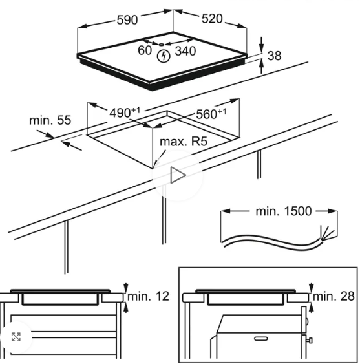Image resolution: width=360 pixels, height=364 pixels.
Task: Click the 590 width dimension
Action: [127, 20]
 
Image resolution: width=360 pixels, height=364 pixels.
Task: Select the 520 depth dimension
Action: [212, 19]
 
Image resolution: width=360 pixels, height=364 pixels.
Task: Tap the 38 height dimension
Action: [274, 56]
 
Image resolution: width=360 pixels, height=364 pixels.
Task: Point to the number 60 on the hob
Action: [145, 50]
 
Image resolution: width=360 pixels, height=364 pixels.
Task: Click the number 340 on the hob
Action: [185, 51]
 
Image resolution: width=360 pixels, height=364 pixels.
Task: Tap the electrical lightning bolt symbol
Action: [164, 56]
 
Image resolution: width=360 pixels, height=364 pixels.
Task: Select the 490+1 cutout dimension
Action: [125, 112]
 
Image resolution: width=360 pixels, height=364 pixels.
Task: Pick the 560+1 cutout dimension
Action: [211, 114]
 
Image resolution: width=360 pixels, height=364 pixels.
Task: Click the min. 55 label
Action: [50, 120]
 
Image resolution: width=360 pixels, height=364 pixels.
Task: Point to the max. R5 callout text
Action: [184, 142]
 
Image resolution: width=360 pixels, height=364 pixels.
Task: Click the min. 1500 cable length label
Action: [283, 211]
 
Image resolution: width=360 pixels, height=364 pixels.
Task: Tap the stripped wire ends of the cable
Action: [327, 232]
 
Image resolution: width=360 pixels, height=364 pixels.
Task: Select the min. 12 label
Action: [148, 296]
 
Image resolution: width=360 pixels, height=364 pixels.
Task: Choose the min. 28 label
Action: [334, 296]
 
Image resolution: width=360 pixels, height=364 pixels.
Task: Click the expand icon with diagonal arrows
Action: [16, 337]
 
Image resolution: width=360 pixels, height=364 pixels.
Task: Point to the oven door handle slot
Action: [261, 339]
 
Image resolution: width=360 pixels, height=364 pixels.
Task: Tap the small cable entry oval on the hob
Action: [161, 45]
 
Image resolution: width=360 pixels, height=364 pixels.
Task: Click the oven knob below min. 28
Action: [310, 340]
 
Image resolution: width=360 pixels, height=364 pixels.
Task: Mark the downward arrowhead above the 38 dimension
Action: [262, 48]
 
